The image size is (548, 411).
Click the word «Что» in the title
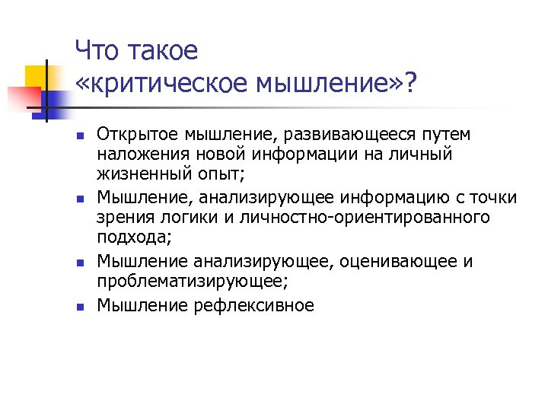[x=98, y=51]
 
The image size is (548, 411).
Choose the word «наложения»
[x=137, y=155]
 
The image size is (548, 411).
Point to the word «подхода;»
[x=135, y=237]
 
